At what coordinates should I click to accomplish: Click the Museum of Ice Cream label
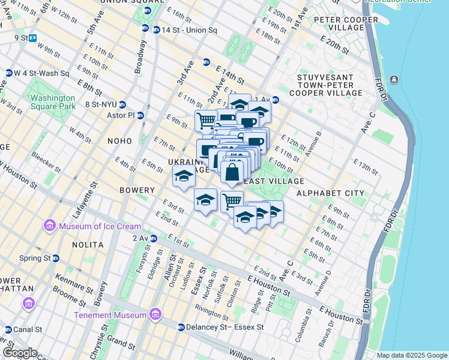click(x=100, y=226)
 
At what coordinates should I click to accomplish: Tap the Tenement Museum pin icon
click(x=155, y=314)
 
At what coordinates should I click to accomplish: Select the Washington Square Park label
click(x=53, y=102)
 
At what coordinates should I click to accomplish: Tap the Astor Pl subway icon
click(x=140, y=115)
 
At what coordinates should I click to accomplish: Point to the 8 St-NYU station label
click(x=106, y=104)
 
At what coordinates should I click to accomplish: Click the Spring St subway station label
click(x=34, y=258)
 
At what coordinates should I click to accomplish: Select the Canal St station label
click(x=26, y=329)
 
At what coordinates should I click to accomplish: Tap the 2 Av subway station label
click(x=140, y=238)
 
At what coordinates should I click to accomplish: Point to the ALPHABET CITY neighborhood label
click(x=330, y=193)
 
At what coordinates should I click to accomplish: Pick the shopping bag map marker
click(x=232, y=172)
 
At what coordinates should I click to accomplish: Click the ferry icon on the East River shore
click(x=394, y=80)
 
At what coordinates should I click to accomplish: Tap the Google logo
click(x=20, y=353)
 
